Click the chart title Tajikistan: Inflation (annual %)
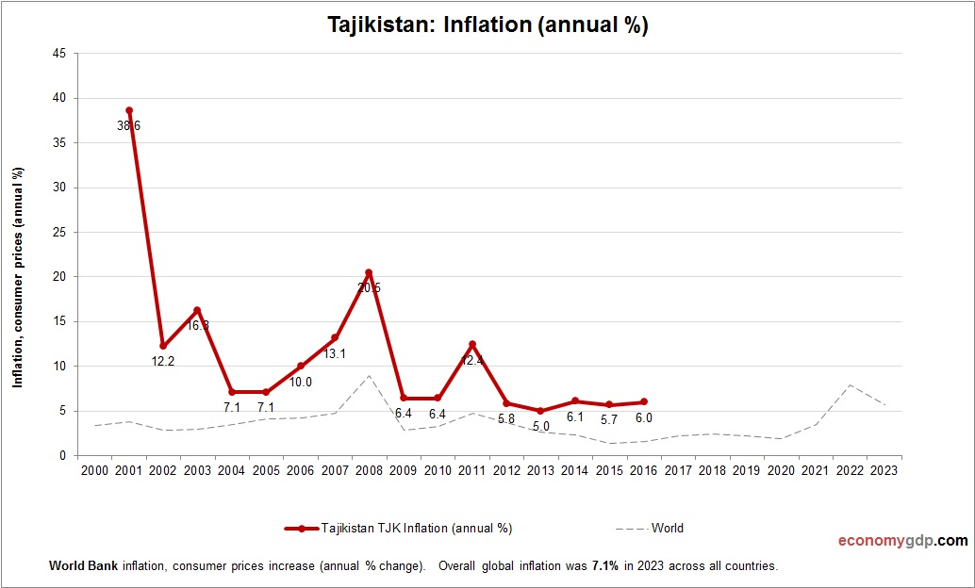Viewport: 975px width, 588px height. click(487, 25)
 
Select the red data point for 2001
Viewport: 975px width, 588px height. click(129, 110)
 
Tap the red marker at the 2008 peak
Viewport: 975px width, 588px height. click(369, 272)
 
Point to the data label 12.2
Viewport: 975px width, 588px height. click(163, 360)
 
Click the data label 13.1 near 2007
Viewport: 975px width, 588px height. click(335, 353)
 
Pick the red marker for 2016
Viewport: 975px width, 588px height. click(643, 401)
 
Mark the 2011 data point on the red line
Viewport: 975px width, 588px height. click(471, 344)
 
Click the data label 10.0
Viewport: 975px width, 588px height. click(300, 382)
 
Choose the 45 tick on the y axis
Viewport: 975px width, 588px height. click(58, 54)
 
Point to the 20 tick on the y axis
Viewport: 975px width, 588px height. click(58, 277)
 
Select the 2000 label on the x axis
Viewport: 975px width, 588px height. click(94, 470)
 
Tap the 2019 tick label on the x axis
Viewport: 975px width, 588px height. click(746, 470)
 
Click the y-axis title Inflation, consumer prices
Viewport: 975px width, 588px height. click(17, 277)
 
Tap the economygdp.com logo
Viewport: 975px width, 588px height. click(902, 541)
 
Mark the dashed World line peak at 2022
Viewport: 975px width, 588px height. click(849, 384)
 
